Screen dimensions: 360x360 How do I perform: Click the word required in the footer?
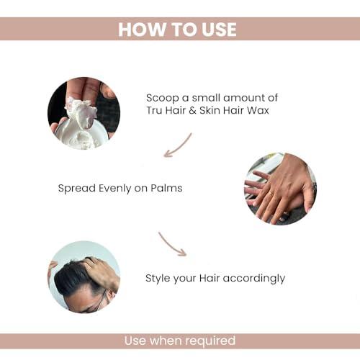coord(209,341)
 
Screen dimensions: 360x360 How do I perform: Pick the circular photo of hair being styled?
coord(84,276)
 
